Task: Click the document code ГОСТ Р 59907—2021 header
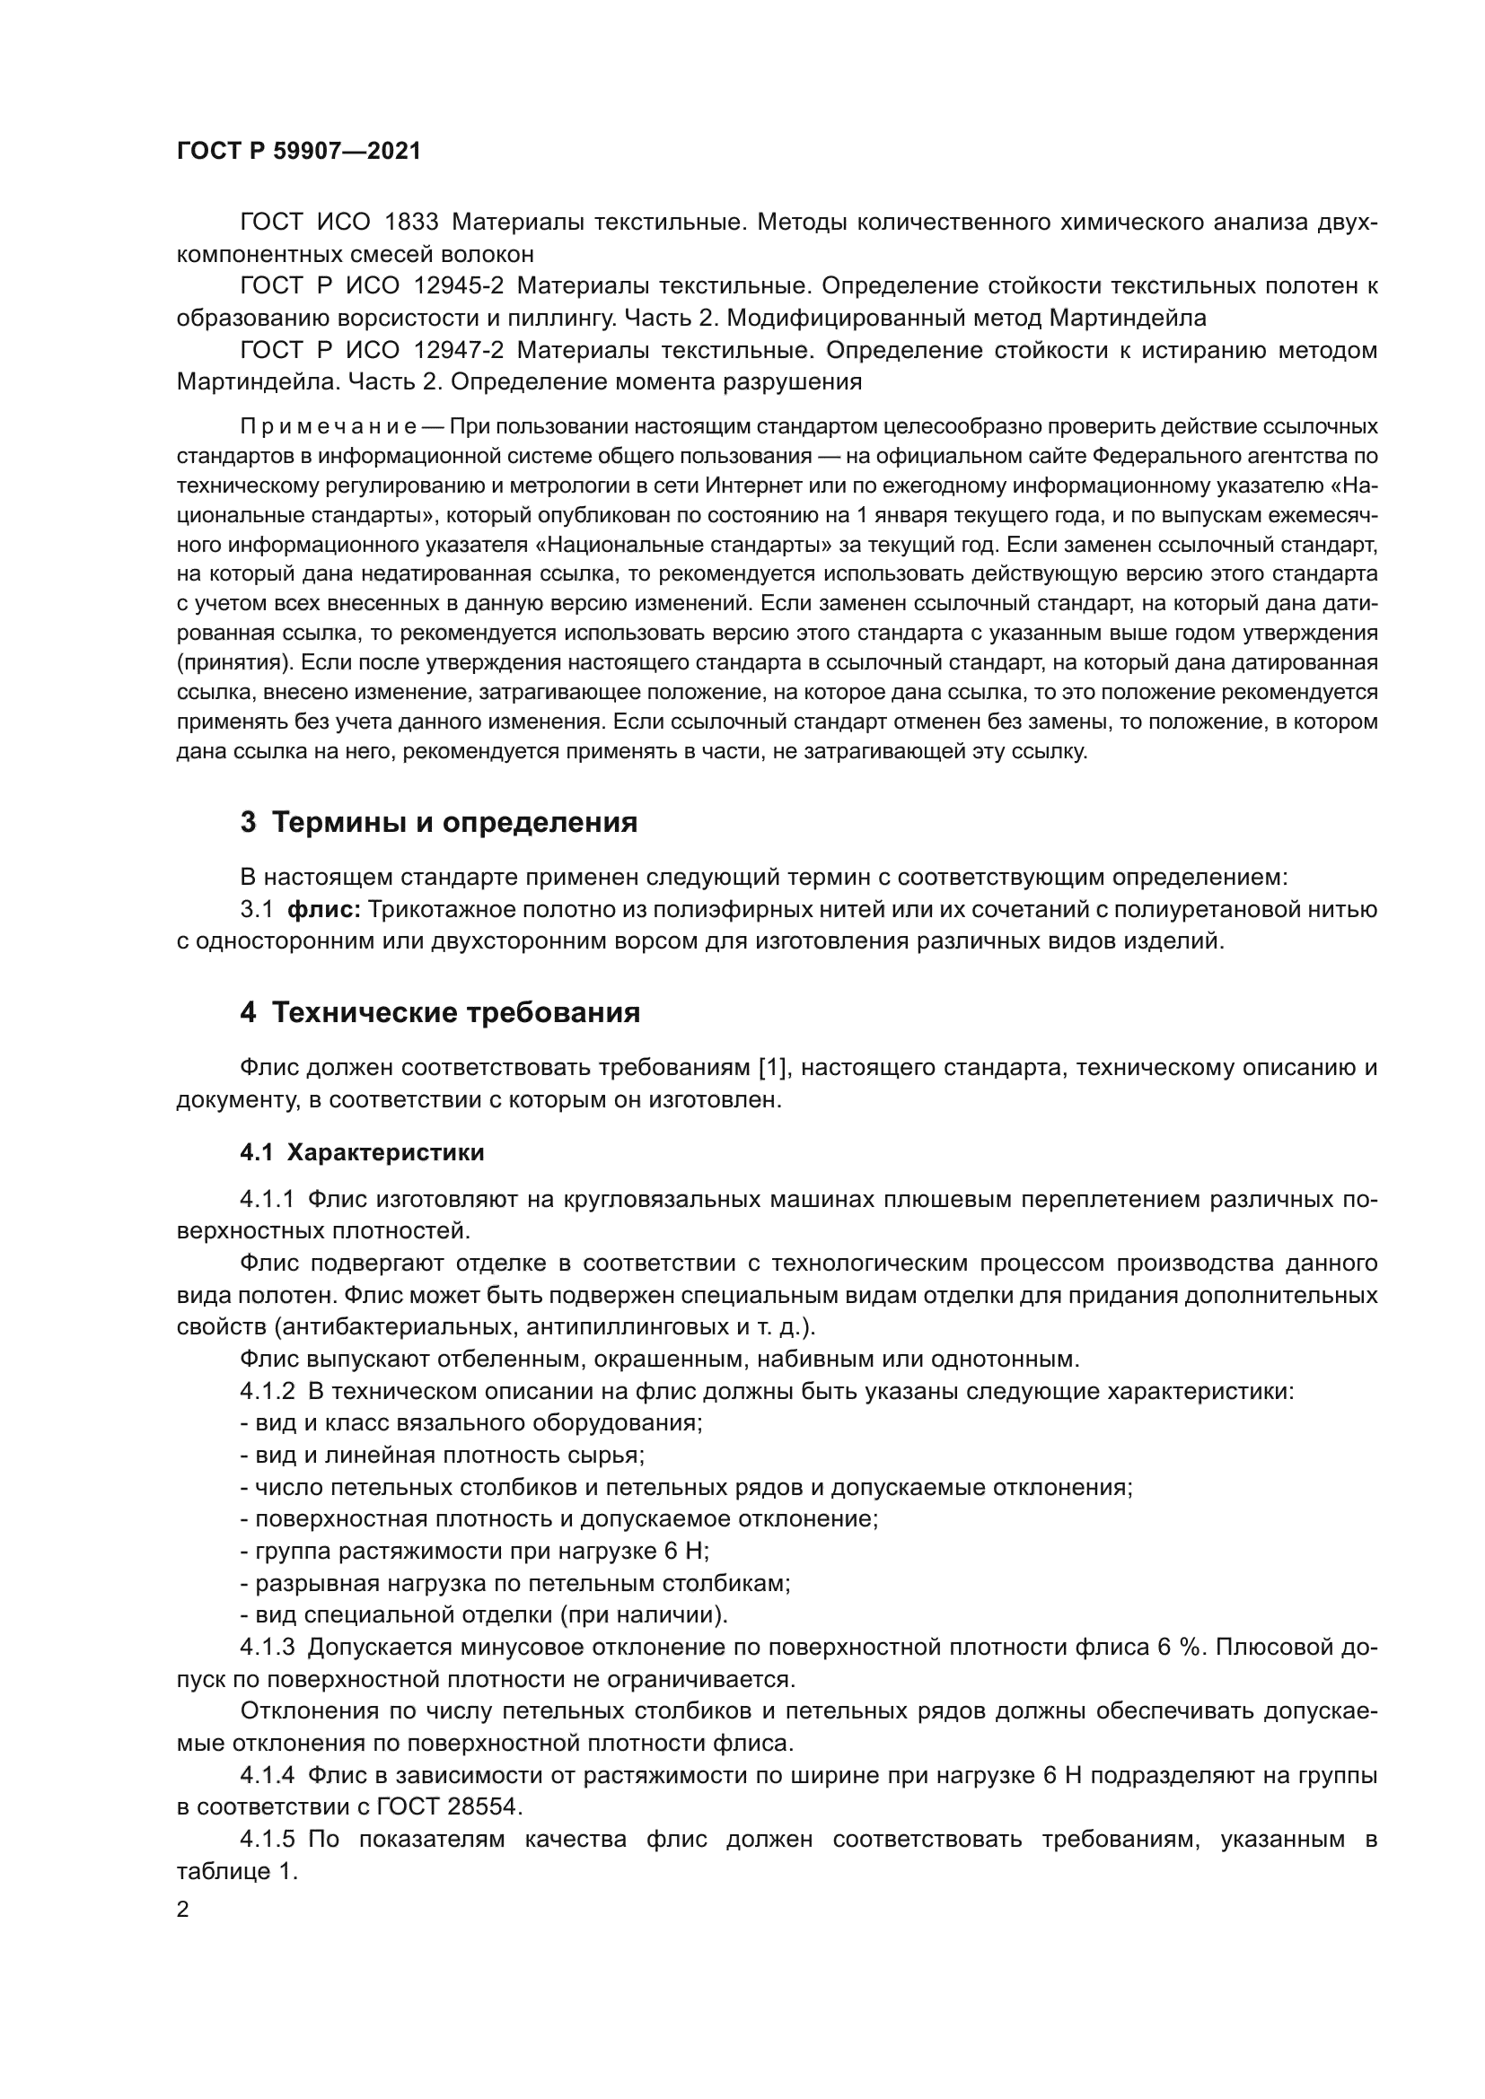pyautogui.click(x=299, y=151)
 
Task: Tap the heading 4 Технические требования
pyautogui.click(x=440, y=1013)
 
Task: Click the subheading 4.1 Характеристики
pyautogui.click(x=362, y=1153)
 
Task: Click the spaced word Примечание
pyautogui.click(x=329, y=427)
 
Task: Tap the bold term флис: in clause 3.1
pyautogui.click(x=325, y=910)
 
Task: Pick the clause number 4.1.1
pyautogui.click(x=267, y=1200)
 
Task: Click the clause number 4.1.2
pyautogui.click(x=267, y=1392)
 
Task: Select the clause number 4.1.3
pyautogui.click(x=267, y=1648)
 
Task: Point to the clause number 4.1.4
pyautogui.click(x=267, y=1775)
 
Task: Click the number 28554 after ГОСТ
pyautogui.click(x=484, y=1807)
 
